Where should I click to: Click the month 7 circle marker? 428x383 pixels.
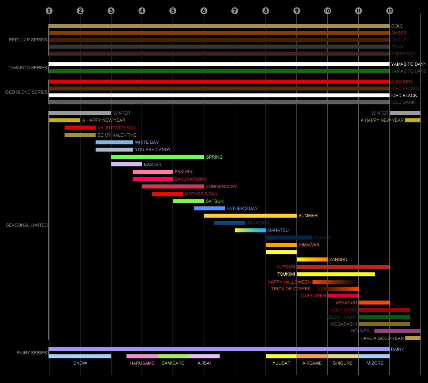click(235, 11)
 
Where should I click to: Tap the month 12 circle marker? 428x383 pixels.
click(389, 11)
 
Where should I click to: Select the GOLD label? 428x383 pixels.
click(397, 26)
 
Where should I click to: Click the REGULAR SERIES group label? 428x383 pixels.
click(28, 40)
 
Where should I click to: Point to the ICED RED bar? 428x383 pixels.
click(219, 82)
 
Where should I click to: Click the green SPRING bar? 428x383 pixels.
click(157, 157)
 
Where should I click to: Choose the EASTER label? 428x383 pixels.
click(153, 164)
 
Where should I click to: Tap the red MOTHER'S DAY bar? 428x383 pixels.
click(168, 194)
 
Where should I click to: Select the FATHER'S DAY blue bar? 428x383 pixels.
click(209, 208)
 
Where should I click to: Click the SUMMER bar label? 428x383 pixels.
click(308, 216)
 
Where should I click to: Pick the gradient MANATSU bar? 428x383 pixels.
click(250, 230)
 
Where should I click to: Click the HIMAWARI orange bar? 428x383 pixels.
click(281, 245)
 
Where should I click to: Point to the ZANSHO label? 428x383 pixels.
click(338, 260)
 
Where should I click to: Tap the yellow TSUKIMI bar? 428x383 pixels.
click(336, 274)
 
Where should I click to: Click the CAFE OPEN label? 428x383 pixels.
click(313, 296)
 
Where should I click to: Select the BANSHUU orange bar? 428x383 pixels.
click(374, 302)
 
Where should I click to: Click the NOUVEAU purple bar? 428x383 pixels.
click(397, 331)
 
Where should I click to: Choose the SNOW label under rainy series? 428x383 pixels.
click(80, 363)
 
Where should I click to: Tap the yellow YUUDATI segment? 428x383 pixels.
click(281, 356)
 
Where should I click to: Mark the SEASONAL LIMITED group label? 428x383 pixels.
click(27, 225)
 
